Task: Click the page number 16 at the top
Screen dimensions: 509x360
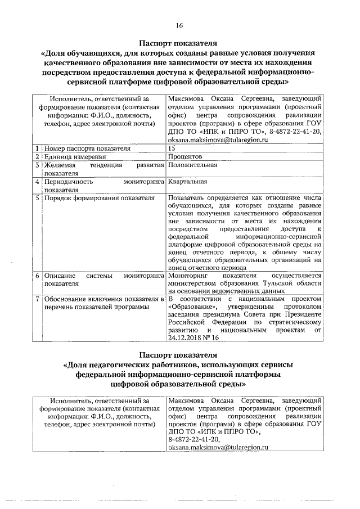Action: pos(179,25)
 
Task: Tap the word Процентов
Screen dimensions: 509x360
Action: pos(184,156)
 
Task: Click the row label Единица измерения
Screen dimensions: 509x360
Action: pos(68,156)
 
